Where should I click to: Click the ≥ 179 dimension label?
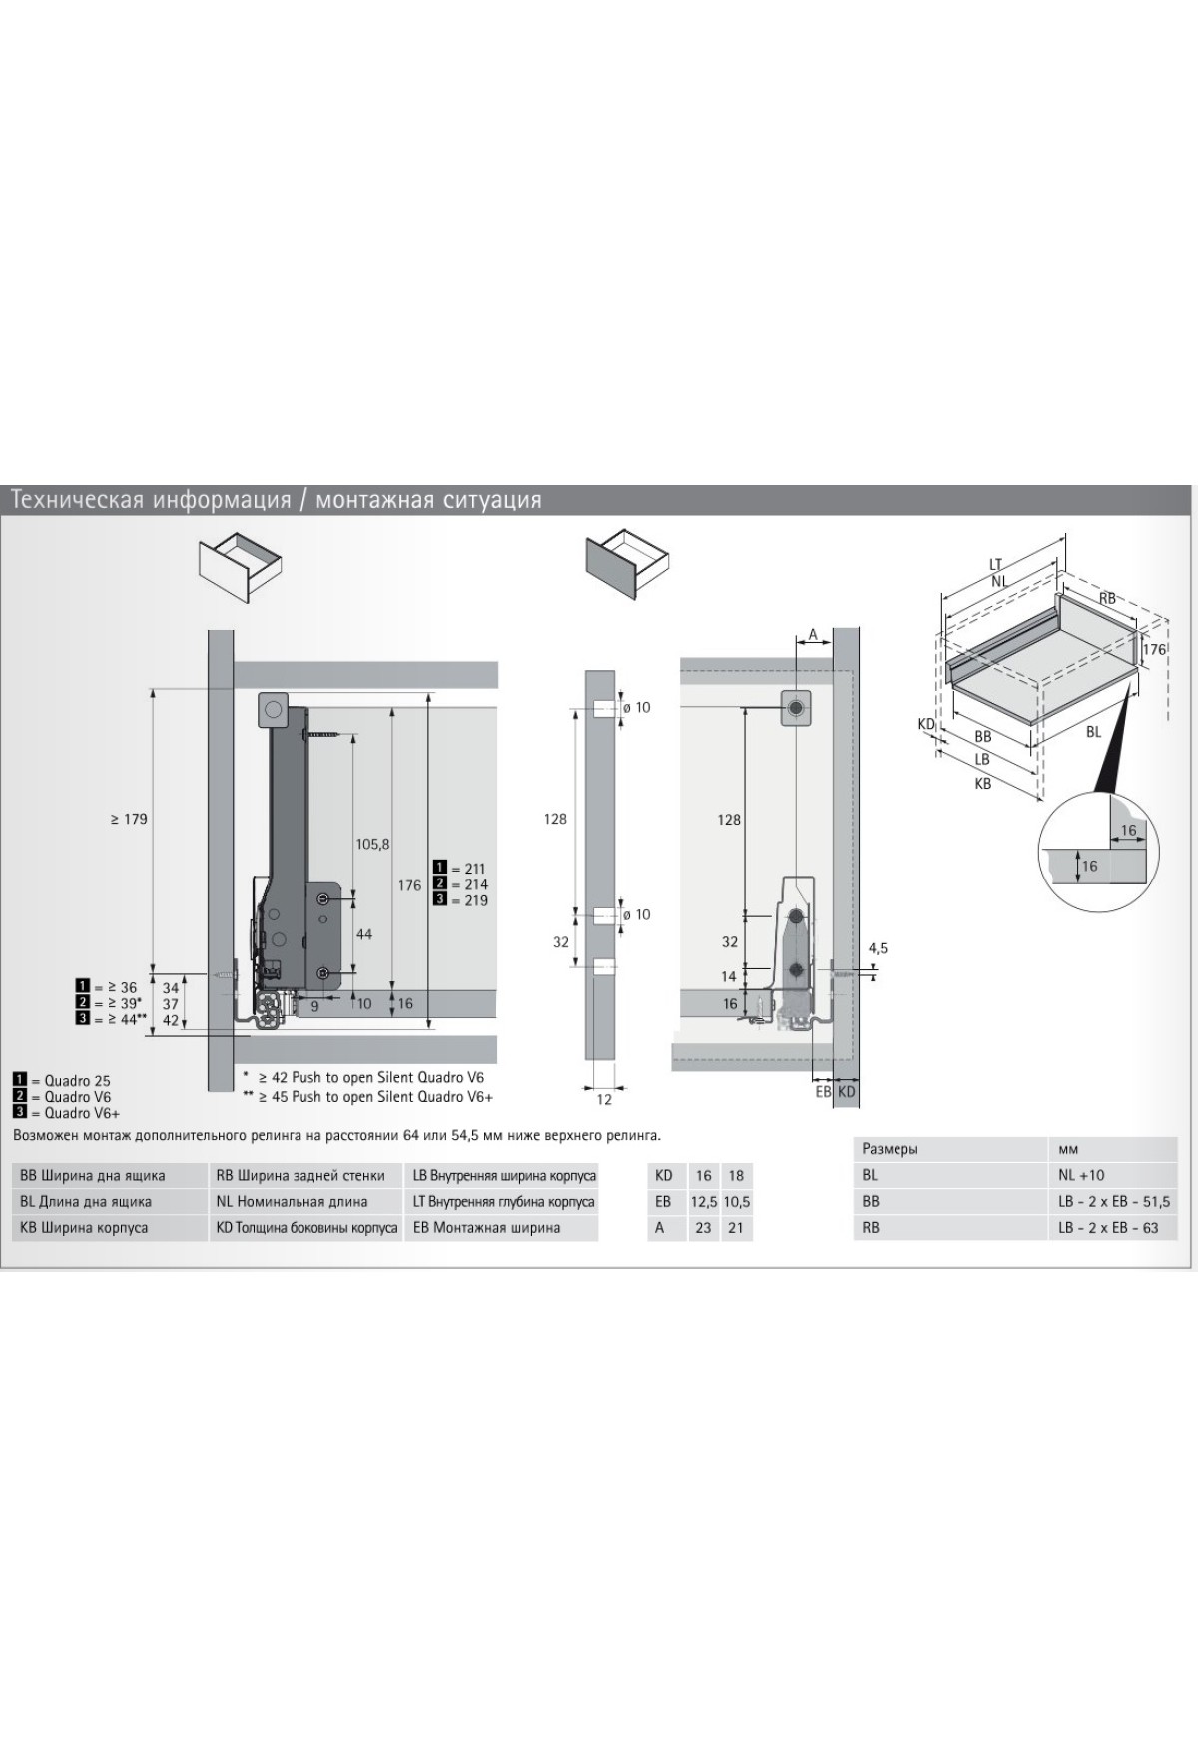(x=129, y=819)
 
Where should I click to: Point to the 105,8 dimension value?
(x=372, y=844)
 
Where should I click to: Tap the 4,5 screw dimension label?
(x=878, y=947)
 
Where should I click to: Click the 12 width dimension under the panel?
(x=604, y=1099)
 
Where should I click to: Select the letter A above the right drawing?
(x=813, y=634)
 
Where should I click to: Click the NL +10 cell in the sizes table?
(x=1082, y=1175)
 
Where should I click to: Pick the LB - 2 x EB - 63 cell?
(x=1108, y=1227)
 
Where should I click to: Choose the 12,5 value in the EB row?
(x=703, y=1201)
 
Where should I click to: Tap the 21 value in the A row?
(x=736, y=1227)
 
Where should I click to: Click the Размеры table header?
(x=890, y=1149)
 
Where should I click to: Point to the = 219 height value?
(x=469, y=900)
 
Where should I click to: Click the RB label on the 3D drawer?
(x=1107, y=598)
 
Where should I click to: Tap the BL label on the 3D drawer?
(x=1094, y=731)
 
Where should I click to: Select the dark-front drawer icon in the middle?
(x=627, y=565)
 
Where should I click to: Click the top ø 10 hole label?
(x=636, y=707)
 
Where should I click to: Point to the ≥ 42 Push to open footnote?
(x=363, y=1078)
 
